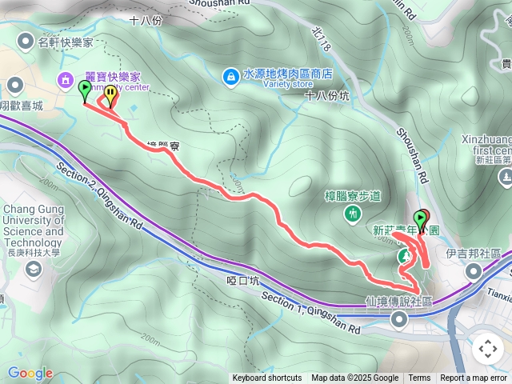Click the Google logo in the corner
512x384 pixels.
[x=30, y=373]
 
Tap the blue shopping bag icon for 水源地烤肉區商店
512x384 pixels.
[x=230, y=75]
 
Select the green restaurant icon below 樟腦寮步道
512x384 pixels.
[x=353, y=214]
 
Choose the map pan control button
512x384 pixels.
[x=487, y=349]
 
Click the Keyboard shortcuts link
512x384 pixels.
[x=267, y=378]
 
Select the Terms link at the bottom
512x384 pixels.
[x=419, y=378]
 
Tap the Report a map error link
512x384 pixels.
[x=474, y=378]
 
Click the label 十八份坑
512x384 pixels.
[x=327, y=95]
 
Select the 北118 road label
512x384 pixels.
[x=322, y=42]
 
